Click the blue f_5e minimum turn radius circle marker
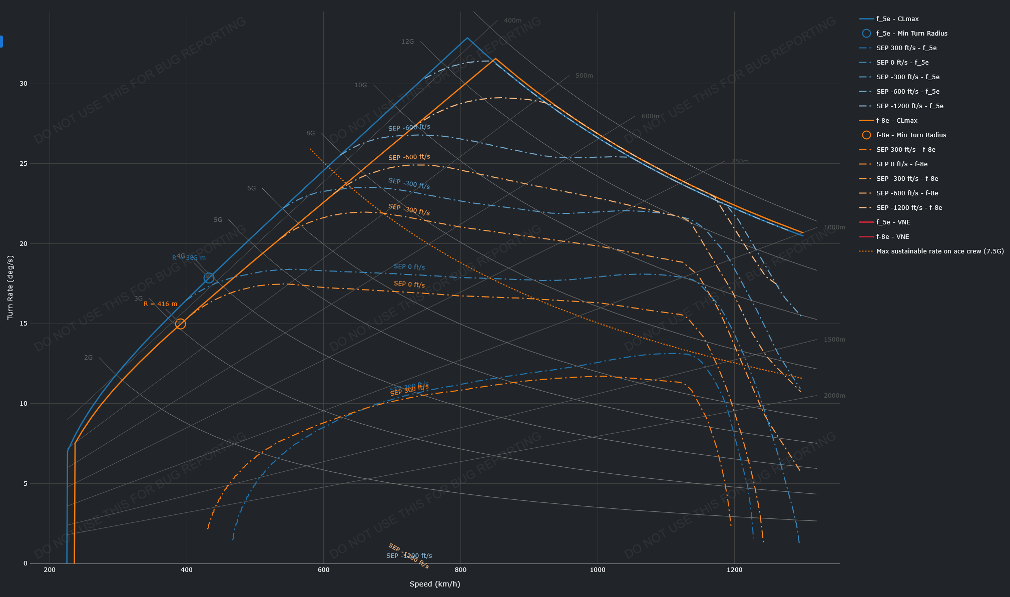[x=209, y=278]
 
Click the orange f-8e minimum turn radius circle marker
[x=181, y=324]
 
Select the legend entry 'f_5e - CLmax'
[x=897, y=19]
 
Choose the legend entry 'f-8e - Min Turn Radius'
[x=911, y=135]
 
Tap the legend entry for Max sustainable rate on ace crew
[x=939, y=251]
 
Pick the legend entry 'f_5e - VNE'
[x=893, y=222]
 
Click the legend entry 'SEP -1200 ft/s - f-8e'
[x=909, y=208]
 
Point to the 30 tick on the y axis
[x=24, y=84]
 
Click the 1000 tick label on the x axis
[x=598, y=570]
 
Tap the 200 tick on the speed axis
[x=50, y=570]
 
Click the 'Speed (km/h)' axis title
[x=434, y=584]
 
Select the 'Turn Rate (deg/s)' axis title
[x=11, y=287]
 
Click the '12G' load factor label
[x=407, y=42]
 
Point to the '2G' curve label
[x=88, y=358]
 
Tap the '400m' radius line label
[x=513, y=21]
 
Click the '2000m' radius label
[x=834, y=396]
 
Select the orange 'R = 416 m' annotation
[x=160, y=304]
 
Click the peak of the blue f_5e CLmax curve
[x=467, y=38]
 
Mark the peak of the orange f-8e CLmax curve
[x=495, y=59]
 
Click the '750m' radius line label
[x=740, y=161]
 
